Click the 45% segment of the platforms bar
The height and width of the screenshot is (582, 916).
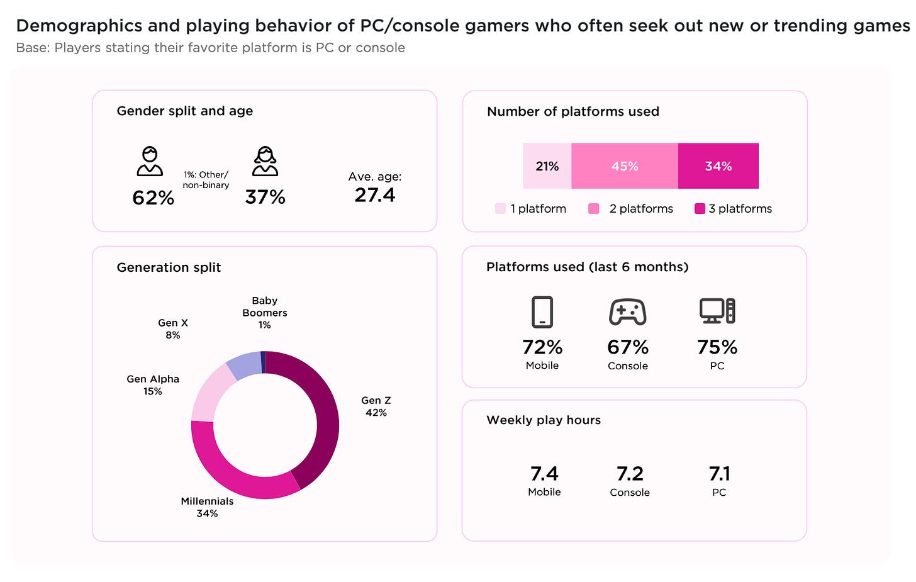[624, 166]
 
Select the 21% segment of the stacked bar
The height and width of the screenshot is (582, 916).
[547, 166]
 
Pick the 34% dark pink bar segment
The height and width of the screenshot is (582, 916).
[718, 166]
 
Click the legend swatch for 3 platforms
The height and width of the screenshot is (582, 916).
[700, 209]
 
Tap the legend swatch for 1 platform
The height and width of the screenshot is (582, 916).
[500, 209]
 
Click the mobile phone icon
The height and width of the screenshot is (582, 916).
[542, 312]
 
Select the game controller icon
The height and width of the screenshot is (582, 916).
[627, 312]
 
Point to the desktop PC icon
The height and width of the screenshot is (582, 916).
[717, 311]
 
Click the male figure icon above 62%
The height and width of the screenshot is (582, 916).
[150, 161]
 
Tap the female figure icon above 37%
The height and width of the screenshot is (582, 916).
[265, 161]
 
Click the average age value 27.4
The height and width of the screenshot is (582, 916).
[375, 195]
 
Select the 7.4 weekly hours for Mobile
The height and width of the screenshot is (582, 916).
[544, 474]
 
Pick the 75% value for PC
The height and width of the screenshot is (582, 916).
[717, 347]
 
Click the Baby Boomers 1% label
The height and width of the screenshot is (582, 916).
[265, 313]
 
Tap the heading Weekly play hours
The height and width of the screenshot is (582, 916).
[544, 420]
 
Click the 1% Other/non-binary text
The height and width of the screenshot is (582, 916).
[206, 180]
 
